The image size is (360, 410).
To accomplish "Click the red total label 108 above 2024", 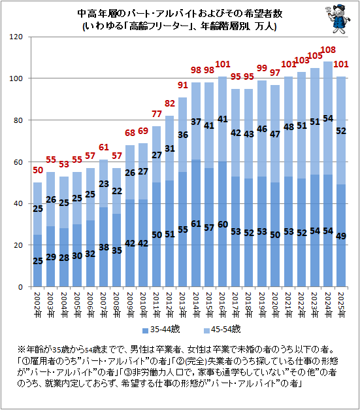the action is [x=328, y=50].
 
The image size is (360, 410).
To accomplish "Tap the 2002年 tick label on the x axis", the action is [x=38, y=305].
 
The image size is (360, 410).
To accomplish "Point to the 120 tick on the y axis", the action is [x=16, y=37].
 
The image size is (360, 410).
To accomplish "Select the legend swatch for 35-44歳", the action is [x=145, y=330].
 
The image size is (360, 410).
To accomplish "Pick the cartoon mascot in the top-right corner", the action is [x=338, y=19].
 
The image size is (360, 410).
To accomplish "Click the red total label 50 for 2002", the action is [x=38, y=170].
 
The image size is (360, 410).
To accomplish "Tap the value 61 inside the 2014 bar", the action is [x=196, y=224].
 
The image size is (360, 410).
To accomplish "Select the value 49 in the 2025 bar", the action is [x=341, y=236].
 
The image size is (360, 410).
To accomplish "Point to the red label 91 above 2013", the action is [x=183, y=85].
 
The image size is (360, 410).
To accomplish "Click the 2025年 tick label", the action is [x=341, y=305].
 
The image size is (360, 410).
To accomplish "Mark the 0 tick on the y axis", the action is [x=20, y=287].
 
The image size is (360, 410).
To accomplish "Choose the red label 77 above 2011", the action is [x=157, y=114].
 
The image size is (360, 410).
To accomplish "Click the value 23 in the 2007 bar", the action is [x=104, y=184].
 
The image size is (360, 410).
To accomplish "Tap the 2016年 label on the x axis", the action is [x=222, y=305].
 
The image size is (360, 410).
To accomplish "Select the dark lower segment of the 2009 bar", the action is [x=130, y=243].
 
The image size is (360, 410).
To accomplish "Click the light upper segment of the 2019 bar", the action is [x=262, y=129].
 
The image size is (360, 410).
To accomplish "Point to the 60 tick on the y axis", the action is [x=18, y=162].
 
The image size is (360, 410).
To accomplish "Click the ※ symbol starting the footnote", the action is [x=22, y=350].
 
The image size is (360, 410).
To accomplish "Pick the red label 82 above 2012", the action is [x=170, y=103].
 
